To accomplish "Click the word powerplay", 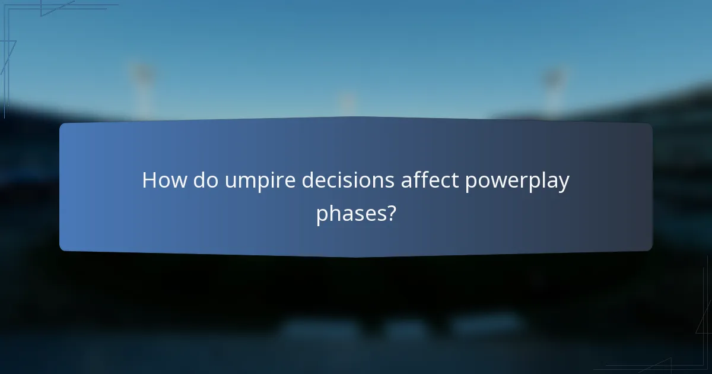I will pos(517,182).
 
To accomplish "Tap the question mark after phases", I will pos(390,213).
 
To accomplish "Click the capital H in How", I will pos(150,180).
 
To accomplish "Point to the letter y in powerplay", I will pos(563,184).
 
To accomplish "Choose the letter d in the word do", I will pos(199,180).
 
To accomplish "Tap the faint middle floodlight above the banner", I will pos(348,102).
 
